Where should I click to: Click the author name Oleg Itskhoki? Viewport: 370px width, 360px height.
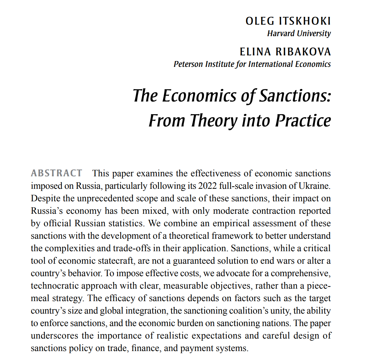(288, 21)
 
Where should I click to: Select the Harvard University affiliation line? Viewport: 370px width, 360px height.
(299, 33)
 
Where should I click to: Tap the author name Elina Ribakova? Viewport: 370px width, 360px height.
(285, 52)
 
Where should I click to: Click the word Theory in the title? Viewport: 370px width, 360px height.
(214, 121)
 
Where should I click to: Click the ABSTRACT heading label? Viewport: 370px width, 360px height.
(56, 173)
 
